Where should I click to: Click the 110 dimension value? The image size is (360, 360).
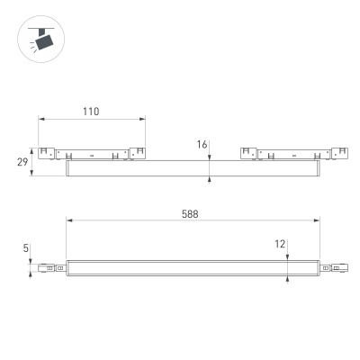coord(90,112)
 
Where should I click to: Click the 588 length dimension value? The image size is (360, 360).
coord(188,214)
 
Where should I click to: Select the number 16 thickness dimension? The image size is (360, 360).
coord(202,144)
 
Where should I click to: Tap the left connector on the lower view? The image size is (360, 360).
coord(49,267)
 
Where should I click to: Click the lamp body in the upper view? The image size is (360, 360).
coord(193,168)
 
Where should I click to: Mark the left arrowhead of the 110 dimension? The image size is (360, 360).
coord(40,119)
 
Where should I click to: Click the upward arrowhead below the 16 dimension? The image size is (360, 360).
coord(210,179)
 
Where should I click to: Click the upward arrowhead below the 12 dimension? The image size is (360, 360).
coord(286,277)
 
